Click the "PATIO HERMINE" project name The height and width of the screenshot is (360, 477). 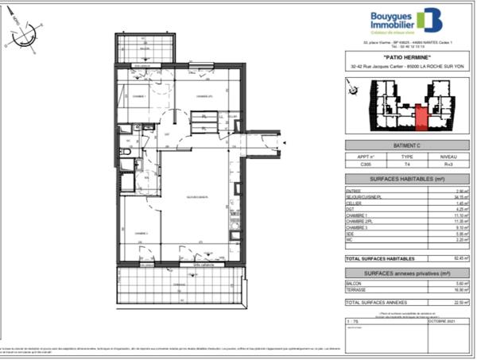pos(396,56)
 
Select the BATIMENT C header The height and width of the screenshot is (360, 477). pos(396,146)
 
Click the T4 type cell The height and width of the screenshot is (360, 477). pos(396,165)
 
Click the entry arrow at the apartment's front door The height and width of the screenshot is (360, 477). pos(280,140)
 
